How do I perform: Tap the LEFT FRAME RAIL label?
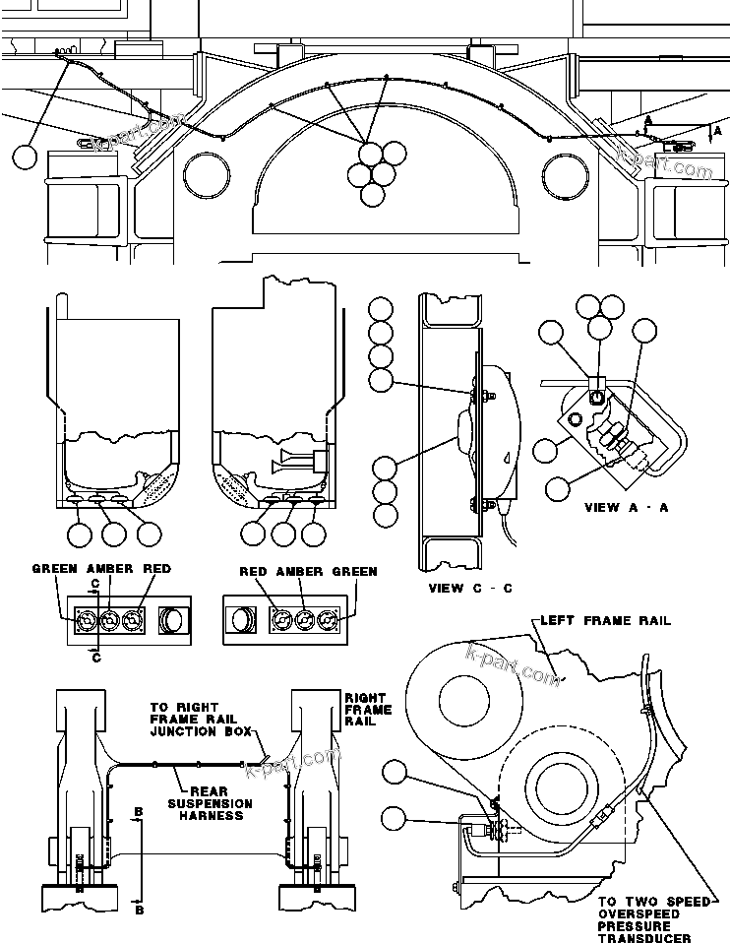pos(605,621)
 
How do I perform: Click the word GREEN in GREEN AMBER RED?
pos(55,570)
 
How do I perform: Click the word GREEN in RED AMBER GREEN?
pos(353,572)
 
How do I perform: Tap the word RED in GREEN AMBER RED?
pos(156,570)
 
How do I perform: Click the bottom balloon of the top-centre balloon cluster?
pos(372,193)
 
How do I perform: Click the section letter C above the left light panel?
pos(94,584)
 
